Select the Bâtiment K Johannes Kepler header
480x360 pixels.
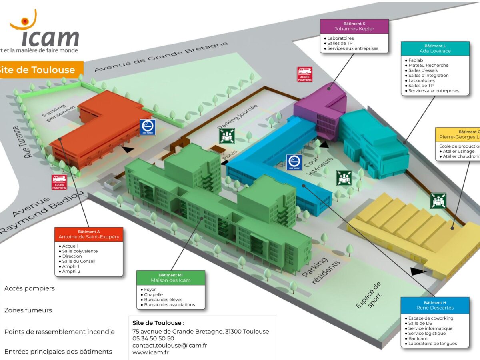[x=354, y=26]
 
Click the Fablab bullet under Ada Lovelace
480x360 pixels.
[x=416, y=60]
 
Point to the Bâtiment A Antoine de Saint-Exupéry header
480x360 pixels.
[x=89, y=234]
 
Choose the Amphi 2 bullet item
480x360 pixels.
[x=71, y=271]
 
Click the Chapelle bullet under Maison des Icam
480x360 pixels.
[x=153, y=294]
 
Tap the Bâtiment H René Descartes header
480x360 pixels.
[x=435, y=305]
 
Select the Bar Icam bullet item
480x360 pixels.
[x=418, y=338]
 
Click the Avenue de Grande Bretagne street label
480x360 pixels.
[x=161, y=57]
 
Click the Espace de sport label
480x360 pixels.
[x=368, y=295]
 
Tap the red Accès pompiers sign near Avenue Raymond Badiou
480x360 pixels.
[x=59, y=182]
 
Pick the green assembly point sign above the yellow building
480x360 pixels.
[x=438, y=200]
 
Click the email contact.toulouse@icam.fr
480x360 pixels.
[x=170, y=345]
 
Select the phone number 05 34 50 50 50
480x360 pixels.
[x=153, y=338]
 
